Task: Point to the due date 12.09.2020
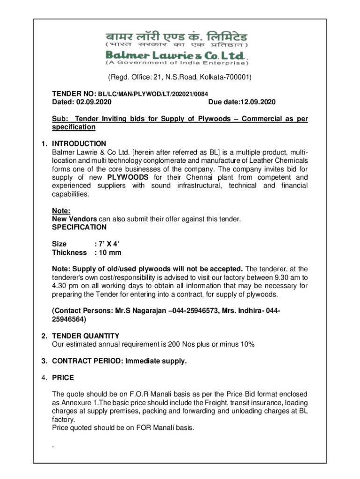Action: pyautogui.click(x=257, y=102)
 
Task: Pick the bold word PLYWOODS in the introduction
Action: pyautogui.click(x=128, y=177)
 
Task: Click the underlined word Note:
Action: pyautogui.click(x=61, y=211)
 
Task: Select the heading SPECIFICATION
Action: pyautogui.click(x=79, y=227)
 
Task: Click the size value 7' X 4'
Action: pyautogui.click(x=103, y=244)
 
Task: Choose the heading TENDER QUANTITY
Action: pyautogui.click(x=86, y=336)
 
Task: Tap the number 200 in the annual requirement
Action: pyautogui.click(x=168, y=344)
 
